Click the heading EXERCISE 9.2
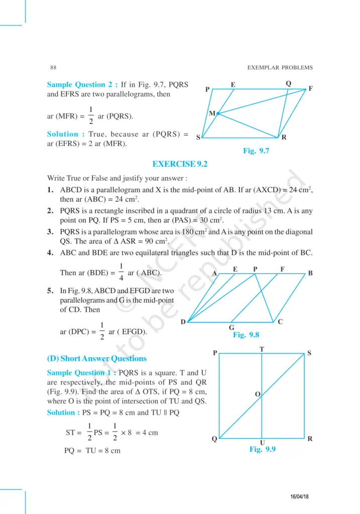[x=180, y=164]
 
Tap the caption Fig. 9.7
[x=256, y=151]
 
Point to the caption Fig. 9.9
[x=263, y=449]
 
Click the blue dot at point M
[x=218, y=114]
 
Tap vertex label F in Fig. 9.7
[x=311, y=89]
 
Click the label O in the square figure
[x=257, y=395]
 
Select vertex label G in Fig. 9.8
[x=231, y=327]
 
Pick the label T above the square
[x=262, y=349]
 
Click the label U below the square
[x=262, y=442]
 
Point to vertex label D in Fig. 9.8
[x=183, y=321]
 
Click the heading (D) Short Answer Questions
[x=97, y=358]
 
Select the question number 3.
[x=50, y=232]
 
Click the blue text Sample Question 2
[x=82, y=85]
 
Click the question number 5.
[x=50, y=291]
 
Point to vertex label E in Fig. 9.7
[x=233, y=85]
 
